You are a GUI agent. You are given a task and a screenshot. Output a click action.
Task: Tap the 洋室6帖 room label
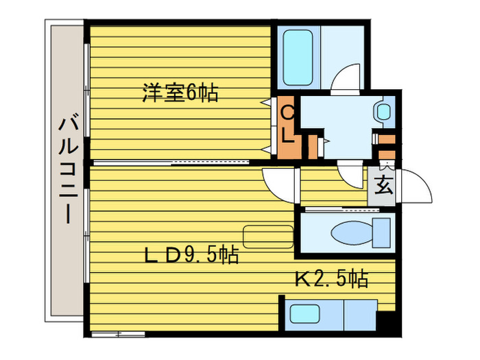point(180,93)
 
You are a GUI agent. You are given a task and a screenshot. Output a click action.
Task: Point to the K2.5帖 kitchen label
point(331,278)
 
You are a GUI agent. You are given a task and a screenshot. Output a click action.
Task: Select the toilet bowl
point(350,233)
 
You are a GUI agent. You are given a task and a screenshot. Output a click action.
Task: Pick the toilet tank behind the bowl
point(381,233)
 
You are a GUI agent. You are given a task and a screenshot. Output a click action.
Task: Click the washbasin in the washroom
point(383,112)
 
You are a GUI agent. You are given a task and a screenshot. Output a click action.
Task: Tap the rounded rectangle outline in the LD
point(268,237)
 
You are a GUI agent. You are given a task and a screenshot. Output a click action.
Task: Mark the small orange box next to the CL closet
point(313,145)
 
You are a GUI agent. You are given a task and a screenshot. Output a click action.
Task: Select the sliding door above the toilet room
point(336,208)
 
